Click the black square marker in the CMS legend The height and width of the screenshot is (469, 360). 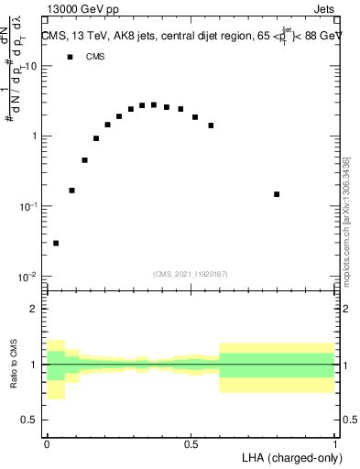[x=70, y=57]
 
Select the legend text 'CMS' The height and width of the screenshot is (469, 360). [x=95, y=57]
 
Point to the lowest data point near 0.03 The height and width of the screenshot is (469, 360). [x=56, y=243]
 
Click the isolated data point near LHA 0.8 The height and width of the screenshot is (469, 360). [x=277, y=194]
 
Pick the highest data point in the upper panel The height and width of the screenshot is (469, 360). [x=154, y=105]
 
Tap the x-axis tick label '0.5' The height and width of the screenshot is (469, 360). [x=191, y=443]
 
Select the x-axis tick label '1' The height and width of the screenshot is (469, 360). [x=335, y=443]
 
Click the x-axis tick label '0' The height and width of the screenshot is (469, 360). [x=47, y=443]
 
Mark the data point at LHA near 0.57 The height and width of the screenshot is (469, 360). [x=212, y=125]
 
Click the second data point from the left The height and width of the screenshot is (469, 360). [x=71, y=191]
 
